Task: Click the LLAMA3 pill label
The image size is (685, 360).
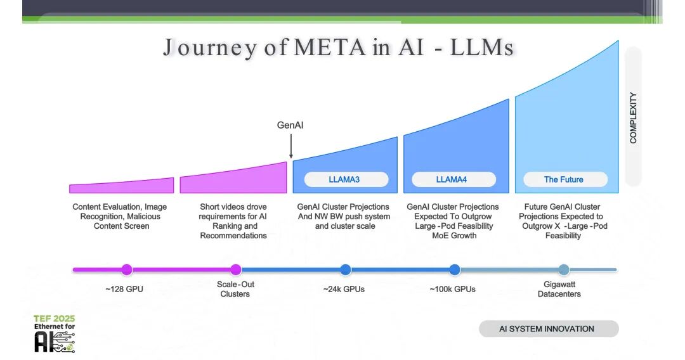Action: click(344, 179)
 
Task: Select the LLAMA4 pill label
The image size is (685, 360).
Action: click(452, 179)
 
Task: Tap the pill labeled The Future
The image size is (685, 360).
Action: click(564, 179)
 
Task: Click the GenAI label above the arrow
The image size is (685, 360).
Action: click(290, 125)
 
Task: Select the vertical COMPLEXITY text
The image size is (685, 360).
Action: click(633, 118)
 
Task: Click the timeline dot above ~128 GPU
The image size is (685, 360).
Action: click(127, 269)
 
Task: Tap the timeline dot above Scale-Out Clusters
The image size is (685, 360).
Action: click(236, 269)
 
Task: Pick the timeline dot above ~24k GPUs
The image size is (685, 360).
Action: click(345, 269)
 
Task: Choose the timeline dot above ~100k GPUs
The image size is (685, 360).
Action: click(455, 269)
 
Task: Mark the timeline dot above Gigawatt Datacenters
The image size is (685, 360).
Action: click(564, 269)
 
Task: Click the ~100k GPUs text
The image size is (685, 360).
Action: click(452, 290)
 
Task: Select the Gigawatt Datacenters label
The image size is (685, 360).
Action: click(559, 289)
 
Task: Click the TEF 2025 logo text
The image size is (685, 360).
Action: click(55, 319)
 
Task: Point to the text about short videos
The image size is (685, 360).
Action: click(233, 221)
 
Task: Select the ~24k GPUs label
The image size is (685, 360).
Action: click(344, 290)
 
